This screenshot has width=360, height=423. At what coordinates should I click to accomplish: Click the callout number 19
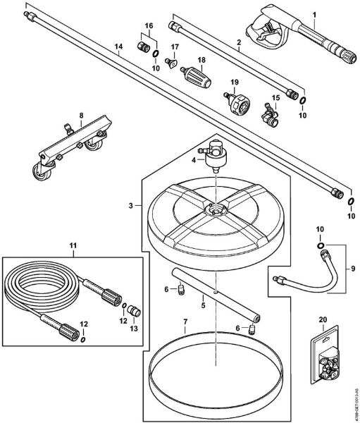[235, 82]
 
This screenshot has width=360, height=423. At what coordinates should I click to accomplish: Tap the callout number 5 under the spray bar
[201, 305]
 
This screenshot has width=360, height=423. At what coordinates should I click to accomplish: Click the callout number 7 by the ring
[185, 321]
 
